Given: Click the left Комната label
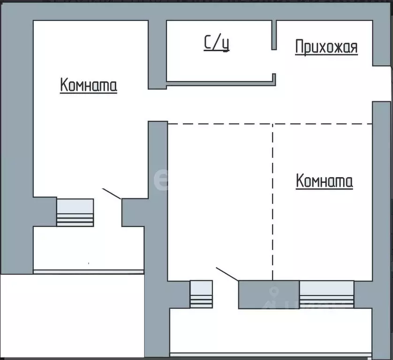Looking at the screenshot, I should (89, 85).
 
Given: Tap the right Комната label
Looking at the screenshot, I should (325, 180).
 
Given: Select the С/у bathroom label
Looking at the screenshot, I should (217, 43).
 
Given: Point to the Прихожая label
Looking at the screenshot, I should (326, 47).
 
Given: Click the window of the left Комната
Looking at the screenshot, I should (75, 212).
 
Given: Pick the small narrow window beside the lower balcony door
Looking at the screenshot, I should (201, 294).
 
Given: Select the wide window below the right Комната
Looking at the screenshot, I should (326, 294).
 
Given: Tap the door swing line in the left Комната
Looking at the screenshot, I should (112, 193).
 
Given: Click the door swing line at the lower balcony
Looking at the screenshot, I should (227, 275).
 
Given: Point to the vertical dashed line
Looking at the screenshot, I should (272, 202).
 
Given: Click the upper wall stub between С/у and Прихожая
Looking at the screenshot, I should (274, 35).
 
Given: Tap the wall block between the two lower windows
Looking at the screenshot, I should (268, 294).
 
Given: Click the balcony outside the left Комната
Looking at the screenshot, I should (88, 248).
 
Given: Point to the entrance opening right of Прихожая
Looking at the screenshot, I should (383, 83).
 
